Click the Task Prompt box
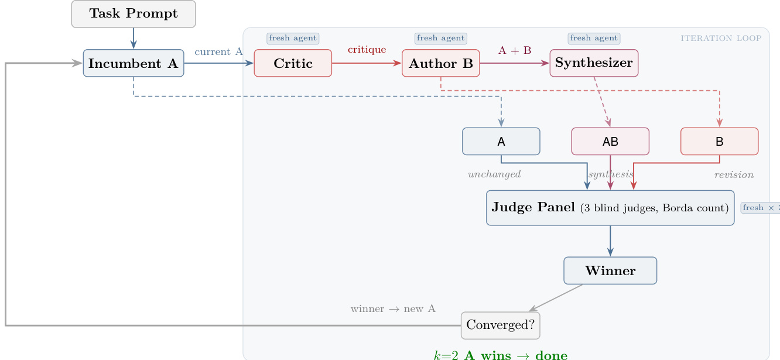pos(134,14)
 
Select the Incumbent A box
pos(134,63)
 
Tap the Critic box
pos(293,63)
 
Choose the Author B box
pos(440,63)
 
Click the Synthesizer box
pos(594,63)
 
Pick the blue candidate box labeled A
pos(501,141)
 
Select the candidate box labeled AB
pos(610,141)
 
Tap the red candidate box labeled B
pos(719,141)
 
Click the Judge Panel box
pos(610,208)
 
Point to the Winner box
pos(610,270)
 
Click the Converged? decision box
pos(501,325)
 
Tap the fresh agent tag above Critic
pos(293,39)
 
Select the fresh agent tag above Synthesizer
pos(594,39)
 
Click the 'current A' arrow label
pos(218,52)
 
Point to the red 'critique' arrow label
pos(367,50)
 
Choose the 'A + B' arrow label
pos(515,50)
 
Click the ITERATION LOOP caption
pos(721,39)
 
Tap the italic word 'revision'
pos(734,174)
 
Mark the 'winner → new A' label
pos(393,308)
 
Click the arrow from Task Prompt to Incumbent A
pos(134,38)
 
